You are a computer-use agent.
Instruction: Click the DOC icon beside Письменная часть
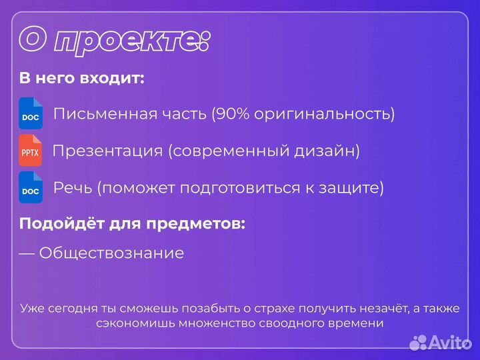point(31,113)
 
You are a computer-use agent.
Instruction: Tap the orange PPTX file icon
point(31,151)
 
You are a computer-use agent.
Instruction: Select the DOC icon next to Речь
point(31,188)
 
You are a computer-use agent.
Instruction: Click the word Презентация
point(107,151)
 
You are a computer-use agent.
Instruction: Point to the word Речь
point(73,189)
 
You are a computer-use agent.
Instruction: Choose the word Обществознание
point(111,253)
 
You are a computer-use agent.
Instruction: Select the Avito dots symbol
point(418,342)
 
